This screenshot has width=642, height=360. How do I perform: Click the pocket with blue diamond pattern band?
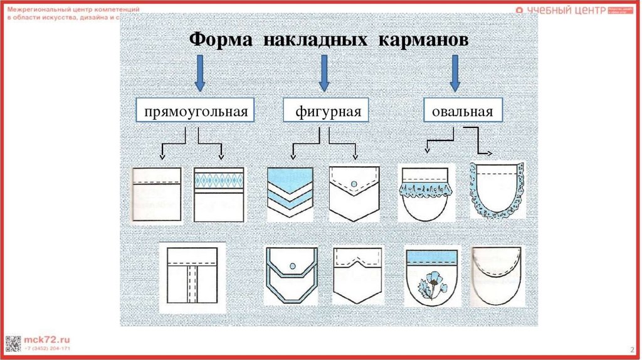(219, 194)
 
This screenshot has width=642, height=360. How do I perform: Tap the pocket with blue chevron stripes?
(290, 193)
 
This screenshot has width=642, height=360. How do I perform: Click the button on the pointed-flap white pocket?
(354, 183)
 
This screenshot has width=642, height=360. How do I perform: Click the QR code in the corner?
(13, 343)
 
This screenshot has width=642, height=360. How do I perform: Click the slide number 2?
(630, 349)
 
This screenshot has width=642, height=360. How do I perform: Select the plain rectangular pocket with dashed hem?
(157, 194)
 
